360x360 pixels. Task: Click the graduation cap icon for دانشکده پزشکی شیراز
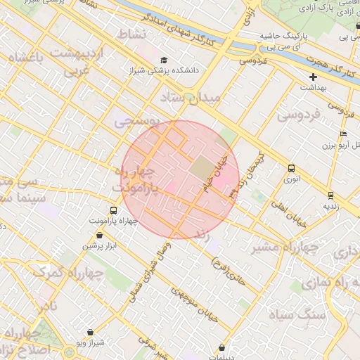(x=164, y=60)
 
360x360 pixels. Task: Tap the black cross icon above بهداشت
(x=313, y=77)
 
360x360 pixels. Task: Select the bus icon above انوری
(x=291, y=168)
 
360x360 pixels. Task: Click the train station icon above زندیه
(x=330, y=195)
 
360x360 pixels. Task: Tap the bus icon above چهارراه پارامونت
(x=113, y=210)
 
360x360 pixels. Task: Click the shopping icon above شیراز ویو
(x=90, y=332)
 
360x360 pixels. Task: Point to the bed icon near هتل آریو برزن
(x=343, y=134)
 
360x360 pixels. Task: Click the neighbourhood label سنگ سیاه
(x=321, y=314)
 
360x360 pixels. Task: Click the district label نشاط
(x=130, y=34)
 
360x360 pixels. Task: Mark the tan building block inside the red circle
(x=202, y=169)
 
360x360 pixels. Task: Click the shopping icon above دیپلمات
(x=222, y=347)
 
